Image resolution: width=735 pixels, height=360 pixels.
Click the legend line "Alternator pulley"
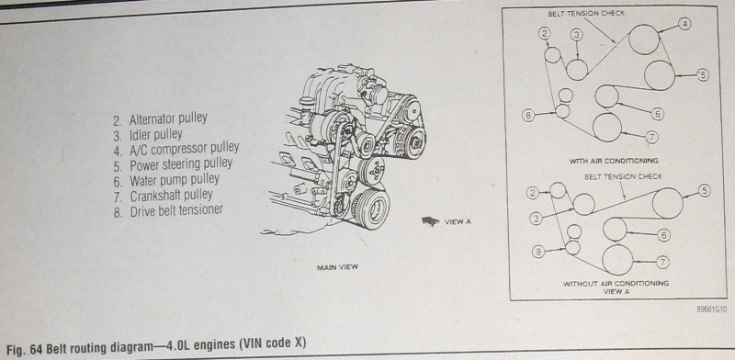point(160,118)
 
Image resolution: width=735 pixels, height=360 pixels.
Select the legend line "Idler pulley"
point(148,135)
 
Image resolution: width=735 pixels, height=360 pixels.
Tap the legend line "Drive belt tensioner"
point(168,210)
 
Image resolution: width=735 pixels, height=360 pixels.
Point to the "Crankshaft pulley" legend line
point(164,195)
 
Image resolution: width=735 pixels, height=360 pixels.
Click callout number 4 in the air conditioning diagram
point(684,25)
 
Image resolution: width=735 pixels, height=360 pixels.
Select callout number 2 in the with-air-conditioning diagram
point(544,33)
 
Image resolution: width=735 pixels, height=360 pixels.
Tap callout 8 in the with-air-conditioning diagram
point(528,115)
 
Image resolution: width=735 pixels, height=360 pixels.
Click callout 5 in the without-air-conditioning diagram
point(704,190)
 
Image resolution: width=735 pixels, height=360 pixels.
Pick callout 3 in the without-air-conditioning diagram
point(537,218)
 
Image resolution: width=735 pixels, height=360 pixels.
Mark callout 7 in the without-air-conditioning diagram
point(661,262)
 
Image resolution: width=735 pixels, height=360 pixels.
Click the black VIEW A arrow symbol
point(430,221)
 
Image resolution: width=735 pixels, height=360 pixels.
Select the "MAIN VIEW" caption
point(337,267)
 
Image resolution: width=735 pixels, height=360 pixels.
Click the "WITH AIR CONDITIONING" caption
point(614,161)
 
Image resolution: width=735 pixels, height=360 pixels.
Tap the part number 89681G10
point(711,309)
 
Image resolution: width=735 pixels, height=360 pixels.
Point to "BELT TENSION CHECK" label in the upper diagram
point(586,14)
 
